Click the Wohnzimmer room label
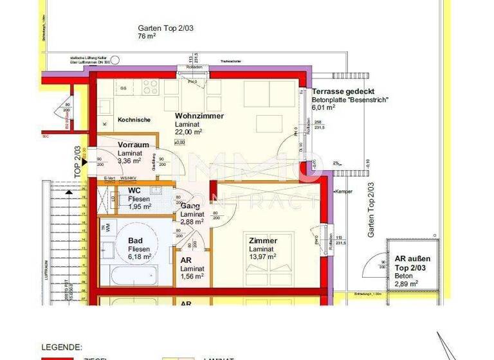coord(199,116)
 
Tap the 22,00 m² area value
coord(189,132)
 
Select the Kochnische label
coord(134,120)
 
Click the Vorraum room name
coord(133,145)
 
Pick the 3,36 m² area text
coord(132,161)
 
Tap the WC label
coord(134,191)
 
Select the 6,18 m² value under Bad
coord(140,256)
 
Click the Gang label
coord(189,205)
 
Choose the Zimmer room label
coord(263,241)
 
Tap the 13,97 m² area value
coord(263,256)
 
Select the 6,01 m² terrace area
coord(324,108)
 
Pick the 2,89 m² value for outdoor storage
coord(406,282)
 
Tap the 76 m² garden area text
coord(147,37)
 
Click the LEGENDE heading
coord(61,346)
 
